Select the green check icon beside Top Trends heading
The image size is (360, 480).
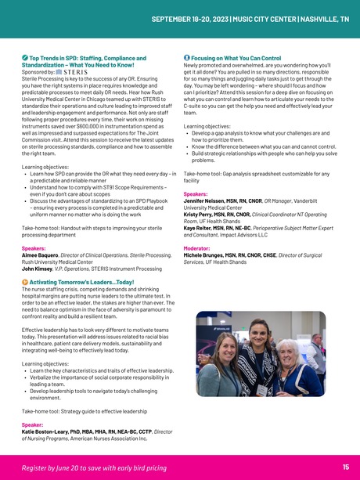click(x=24, y=58)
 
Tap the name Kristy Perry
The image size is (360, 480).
click(x=200, y=214)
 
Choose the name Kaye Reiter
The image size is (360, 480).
click(x=200, y=227)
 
